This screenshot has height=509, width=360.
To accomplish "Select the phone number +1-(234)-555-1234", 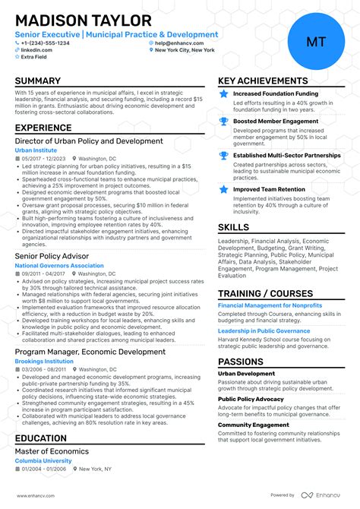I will [x=45, y=43].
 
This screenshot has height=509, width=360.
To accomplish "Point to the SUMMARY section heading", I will [x=37, y=81].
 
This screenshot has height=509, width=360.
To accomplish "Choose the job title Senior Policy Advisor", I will [x=52, y=257].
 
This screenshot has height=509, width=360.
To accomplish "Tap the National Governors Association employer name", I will [x=59, y=266].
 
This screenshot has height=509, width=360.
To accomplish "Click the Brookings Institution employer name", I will [x=43, y=361].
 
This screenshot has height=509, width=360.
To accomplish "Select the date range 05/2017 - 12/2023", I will [x=45, y=159].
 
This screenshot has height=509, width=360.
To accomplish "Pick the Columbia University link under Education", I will [x=44, y=462].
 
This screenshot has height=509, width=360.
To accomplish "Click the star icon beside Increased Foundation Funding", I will [x=223, y=94].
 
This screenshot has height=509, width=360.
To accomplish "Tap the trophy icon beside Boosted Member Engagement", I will [x=223, y=122].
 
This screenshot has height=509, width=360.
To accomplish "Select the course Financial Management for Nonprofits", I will [x=270, y=305].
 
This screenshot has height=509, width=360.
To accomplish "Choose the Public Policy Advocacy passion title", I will [x=251, y=399].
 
